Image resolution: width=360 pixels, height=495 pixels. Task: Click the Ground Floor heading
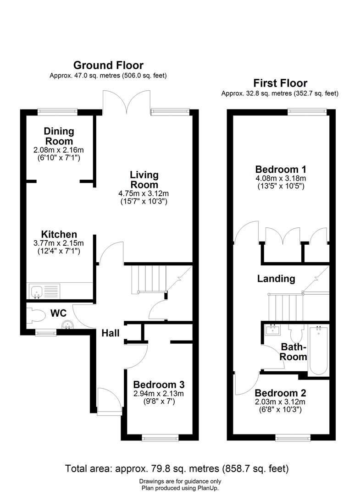pos(108,66)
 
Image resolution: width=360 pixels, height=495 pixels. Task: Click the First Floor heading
pos(280,83)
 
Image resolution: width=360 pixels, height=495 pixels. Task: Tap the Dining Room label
pos(59,136)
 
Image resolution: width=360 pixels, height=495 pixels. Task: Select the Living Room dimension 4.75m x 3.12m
pos(144,193)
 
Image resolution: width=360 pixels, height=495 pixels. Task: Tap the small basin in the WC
pos(68,324)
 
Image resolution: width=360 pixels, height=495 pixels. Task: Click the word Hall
pos(111,333)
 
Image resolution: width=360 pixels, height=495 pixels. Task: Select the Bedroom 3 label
pos(159,385)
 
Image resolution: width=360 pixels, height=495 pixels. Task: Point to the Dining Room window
pos(58,110)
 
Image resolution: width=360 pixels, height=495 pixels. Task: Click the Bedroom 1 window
pos(307,110)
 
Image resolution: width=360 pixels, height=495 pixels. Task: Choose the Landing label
pos(276,278)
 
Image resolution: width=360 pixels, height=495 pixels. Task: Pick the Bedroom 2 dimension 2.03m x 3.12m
pos(281,402)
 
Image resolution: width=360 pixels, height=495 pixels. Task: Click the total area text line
pos(177,468)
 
